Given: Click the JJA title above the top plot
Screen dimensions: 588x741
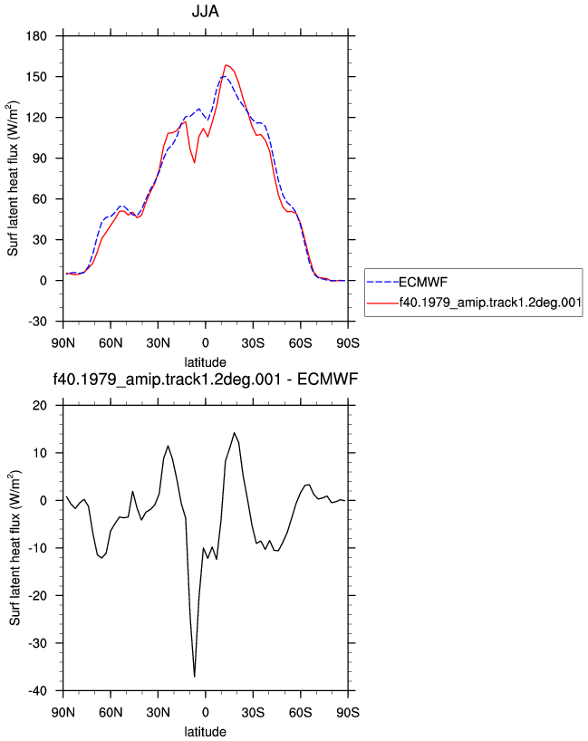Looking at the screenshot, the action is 205,11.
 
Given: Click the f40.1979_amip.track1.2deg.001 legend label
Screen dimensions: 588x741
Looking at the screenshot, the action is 490,303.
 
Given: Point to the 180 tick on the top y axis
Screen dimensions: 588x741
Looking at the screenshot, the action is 36,36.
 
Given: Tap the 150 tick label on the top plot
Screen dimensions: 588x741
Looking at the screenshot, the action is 36,77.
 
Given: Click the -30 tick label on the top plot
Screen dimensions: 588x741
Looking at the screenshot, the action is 37,322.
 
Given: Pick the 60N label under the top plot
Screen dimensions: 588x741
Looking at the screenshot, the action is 111,343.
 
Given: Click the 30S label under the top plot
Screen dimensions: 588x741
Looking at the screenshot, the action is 253,343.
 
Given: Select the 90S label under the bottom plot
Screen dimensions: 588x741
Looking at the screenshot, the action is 348,712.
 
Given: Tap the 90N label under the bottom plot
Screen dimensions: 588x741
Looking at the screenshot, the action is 63,712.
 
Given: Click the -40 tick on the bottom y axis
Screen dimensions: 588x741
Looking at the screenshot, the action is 37,691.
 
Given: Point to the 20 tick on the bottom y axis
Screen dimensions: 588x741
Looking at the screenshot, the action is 40,406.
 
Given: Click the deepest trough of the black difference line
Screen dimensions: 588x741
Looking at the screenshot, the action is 194,677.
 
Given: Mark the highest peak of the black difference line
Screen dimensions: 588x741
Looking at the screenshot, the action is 234,432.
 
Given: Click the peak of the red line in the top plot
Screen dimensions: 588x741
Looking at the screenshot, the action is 226,65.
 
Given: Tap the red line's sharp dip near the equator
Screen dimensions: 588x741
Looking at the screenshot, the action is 194,162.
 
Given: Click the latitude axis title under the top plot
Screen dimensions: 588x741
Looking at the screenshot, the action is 205,362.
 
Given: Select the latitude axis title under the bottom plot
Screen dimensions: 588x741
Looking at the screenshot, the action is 205,732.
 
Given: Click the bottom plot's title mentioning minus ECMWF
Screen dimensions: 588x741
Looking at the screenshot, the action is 205,379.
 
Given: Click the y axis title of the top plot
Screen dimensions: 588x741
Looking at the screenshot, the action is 13,178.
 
